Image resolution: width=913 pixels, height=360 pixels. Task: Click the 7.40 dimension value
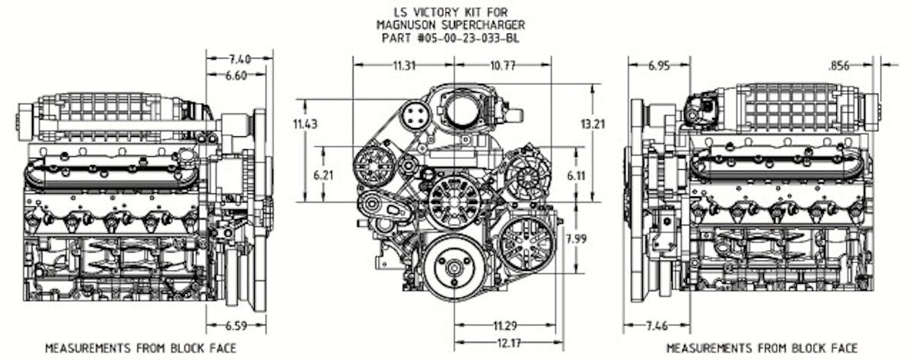(x=239, y=58)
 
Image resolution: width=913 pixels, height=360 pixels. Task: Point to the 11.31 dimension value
(x=405, y=66)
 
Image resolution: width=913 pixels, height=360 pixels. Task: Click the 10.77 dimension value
(x=502, y=66)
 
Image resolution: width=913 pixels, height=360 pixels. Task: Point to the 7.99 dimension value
(x=577, y=240)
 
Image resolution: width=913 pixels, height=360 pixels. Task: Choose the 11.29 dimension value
(x=505, y=325)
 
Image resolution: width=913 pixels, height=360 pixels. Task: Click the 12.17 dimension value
(x=505, y=343)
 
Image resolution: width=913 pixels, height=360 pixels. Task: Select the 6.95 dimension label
(x=659, y=66)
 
